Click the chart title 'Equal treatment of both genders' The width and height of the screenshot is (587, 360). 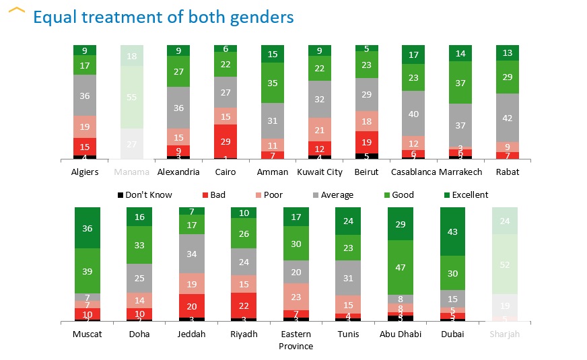164,17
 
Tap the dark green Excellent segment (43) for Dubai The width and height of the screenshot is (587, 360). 452,231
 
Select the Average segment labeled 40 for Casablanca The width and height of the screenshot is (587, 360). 413,114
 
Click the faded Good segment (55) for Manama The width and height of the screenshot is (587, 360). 132,97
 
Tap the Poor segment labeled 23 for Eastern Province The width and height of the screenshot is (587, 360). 296,296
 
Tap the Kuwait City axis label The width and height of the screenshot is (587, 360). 320,172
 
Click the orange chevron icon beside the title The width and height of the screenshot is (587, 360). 18,12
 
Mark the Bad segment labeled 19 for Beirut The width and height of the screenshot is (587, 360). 367,142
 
